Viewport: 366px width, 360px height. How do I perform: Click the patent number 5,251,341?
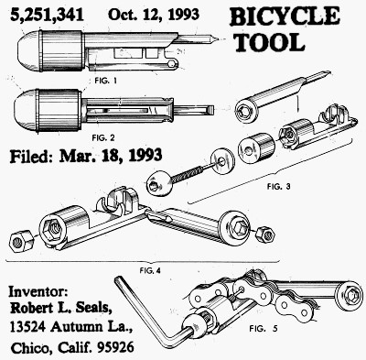pyautogui.click(x=47, y=15)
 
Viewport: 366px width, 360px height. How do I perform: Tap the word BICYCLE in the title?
pyautogui.click(x=285, y=16)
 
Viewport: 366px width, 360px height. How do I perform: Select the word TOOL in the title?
pyautogui.click(x=271, y=42)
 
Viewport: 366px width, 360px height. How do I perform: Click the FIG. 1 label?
pyautogui.click(x=105, y=81)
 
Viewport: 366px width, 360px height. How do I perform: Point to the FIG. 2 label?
pyautogui.click(x=103, y=138)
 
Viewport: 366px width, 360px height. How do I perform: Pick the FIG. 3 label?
pyautogui.click(x=278, y=186)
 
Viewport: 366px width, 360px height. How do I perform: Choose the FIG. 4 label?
pyautogui.click(x=150, y=270)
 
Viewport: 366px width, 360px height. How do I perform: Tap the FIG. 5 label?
pyautogui.click(x=264, y=329)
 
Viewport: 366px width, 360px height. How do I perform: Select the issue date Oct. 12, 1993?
pyautogui.click(x=154, y=15)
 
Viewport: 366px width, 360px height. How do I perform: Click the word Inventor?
pyautogui.click(x=38, y=291)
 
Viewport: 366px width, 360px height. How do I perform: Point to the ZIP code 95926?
pyautogui.click(x=115, y=347)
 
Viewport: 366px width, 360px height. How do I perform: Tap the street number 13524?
pyautogui.click(x=28, y=327)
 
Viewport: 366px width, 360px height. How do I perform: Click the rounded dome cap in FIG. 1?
pyautogui.click(x=29, y=50)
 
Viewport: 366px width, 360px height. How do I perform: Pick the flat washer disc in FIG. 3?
pyautogui.click(x=221, y=161)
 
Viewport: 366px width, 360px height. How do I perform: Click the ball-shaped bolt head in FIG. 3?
pyautogui.click(x=159, y=185)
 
